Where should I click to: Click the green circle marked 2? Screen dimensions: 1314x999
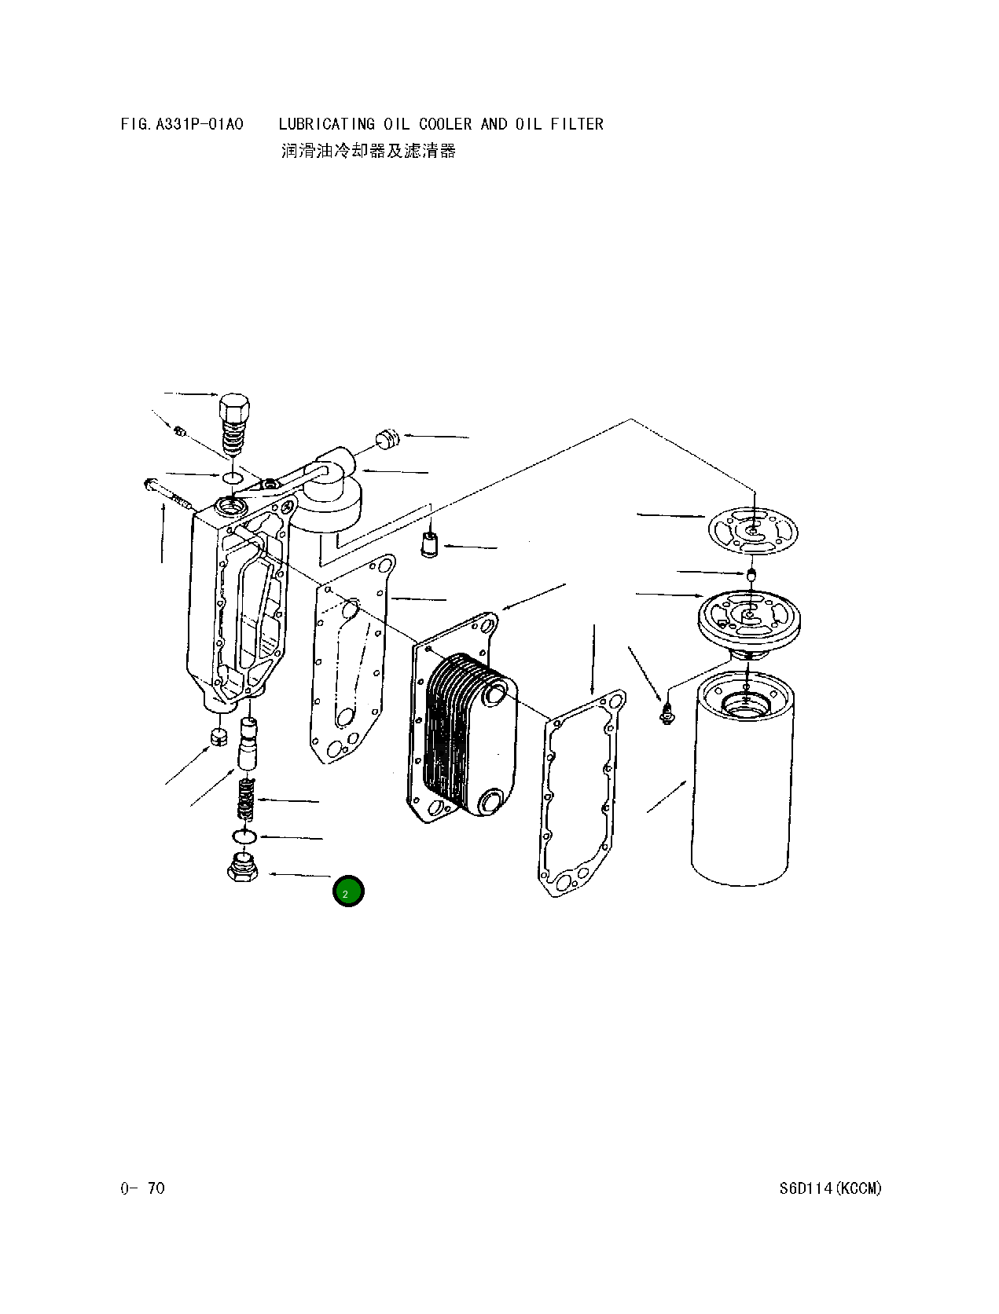tap(347, 891)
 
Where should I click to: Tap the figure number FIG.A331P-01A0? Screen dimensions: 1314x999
tap(182, 124)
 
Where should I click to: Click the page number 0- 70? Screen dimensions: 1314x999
tap(143, 1188)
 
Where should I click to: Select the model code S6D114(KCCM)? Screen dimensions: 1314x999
tap(831, 1188)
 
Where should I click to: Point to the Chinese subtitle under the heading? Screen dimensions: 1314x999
tap(368, 151)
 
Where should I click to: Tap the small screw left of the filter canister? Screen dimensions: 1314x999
tap(667, 713)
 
